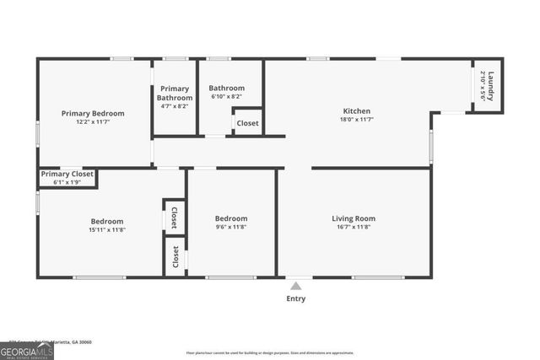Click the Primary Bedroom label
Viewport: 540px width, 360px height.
(x=93, y=113)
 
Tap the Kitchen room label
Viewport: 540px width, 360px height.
(x=356, y=110)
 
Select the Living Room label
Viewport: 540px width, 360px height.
(x=354, y=218)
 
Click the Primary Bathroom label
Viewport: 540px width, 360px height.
(x=175, y=93)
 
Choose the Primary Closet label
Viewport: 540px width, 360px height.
(x=67, y=174)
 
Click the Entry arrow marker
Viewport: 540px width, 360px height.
(x=295, y=286)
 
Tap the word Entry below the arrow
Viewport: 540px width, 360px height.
(x=296, y=298)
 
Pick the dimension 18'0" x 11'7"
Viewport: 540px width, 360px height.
(x=356, y=121)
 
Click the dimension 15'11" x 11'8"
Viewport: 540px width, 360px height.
(x=107, y=229)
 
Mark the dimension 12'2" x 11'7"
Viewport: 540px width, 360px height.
(x=93, y=123)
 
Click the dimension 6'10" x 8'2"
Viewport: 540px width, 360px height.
(x=226, y=97)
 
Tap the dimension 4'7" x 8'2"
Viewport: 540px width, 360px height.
(x=175, y=106)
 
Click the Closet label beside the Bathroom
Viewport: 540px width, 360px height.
(x=247, y=123)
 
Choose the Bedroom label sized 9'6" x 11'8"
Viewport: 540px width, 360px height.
(x=231, y=218)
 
